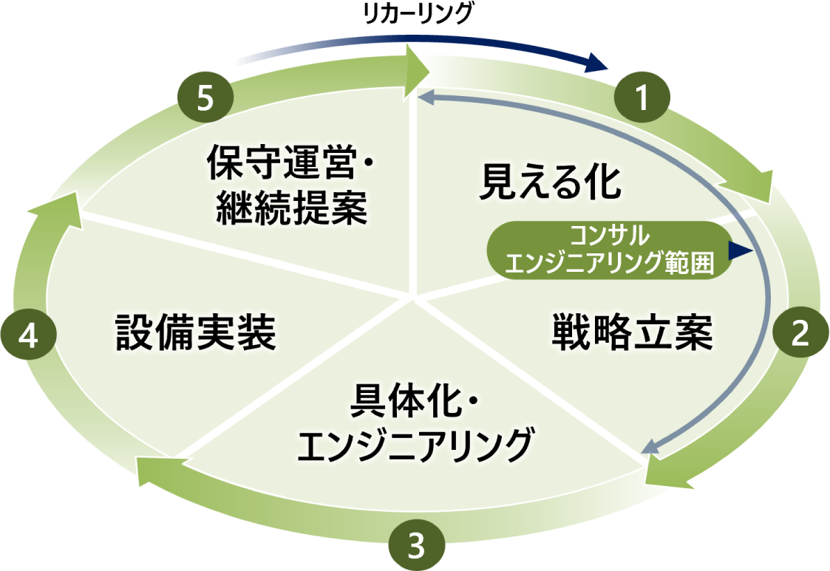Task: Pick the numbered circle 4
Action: [28, 337]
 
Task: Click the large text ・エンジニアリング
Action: [414, 445]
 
